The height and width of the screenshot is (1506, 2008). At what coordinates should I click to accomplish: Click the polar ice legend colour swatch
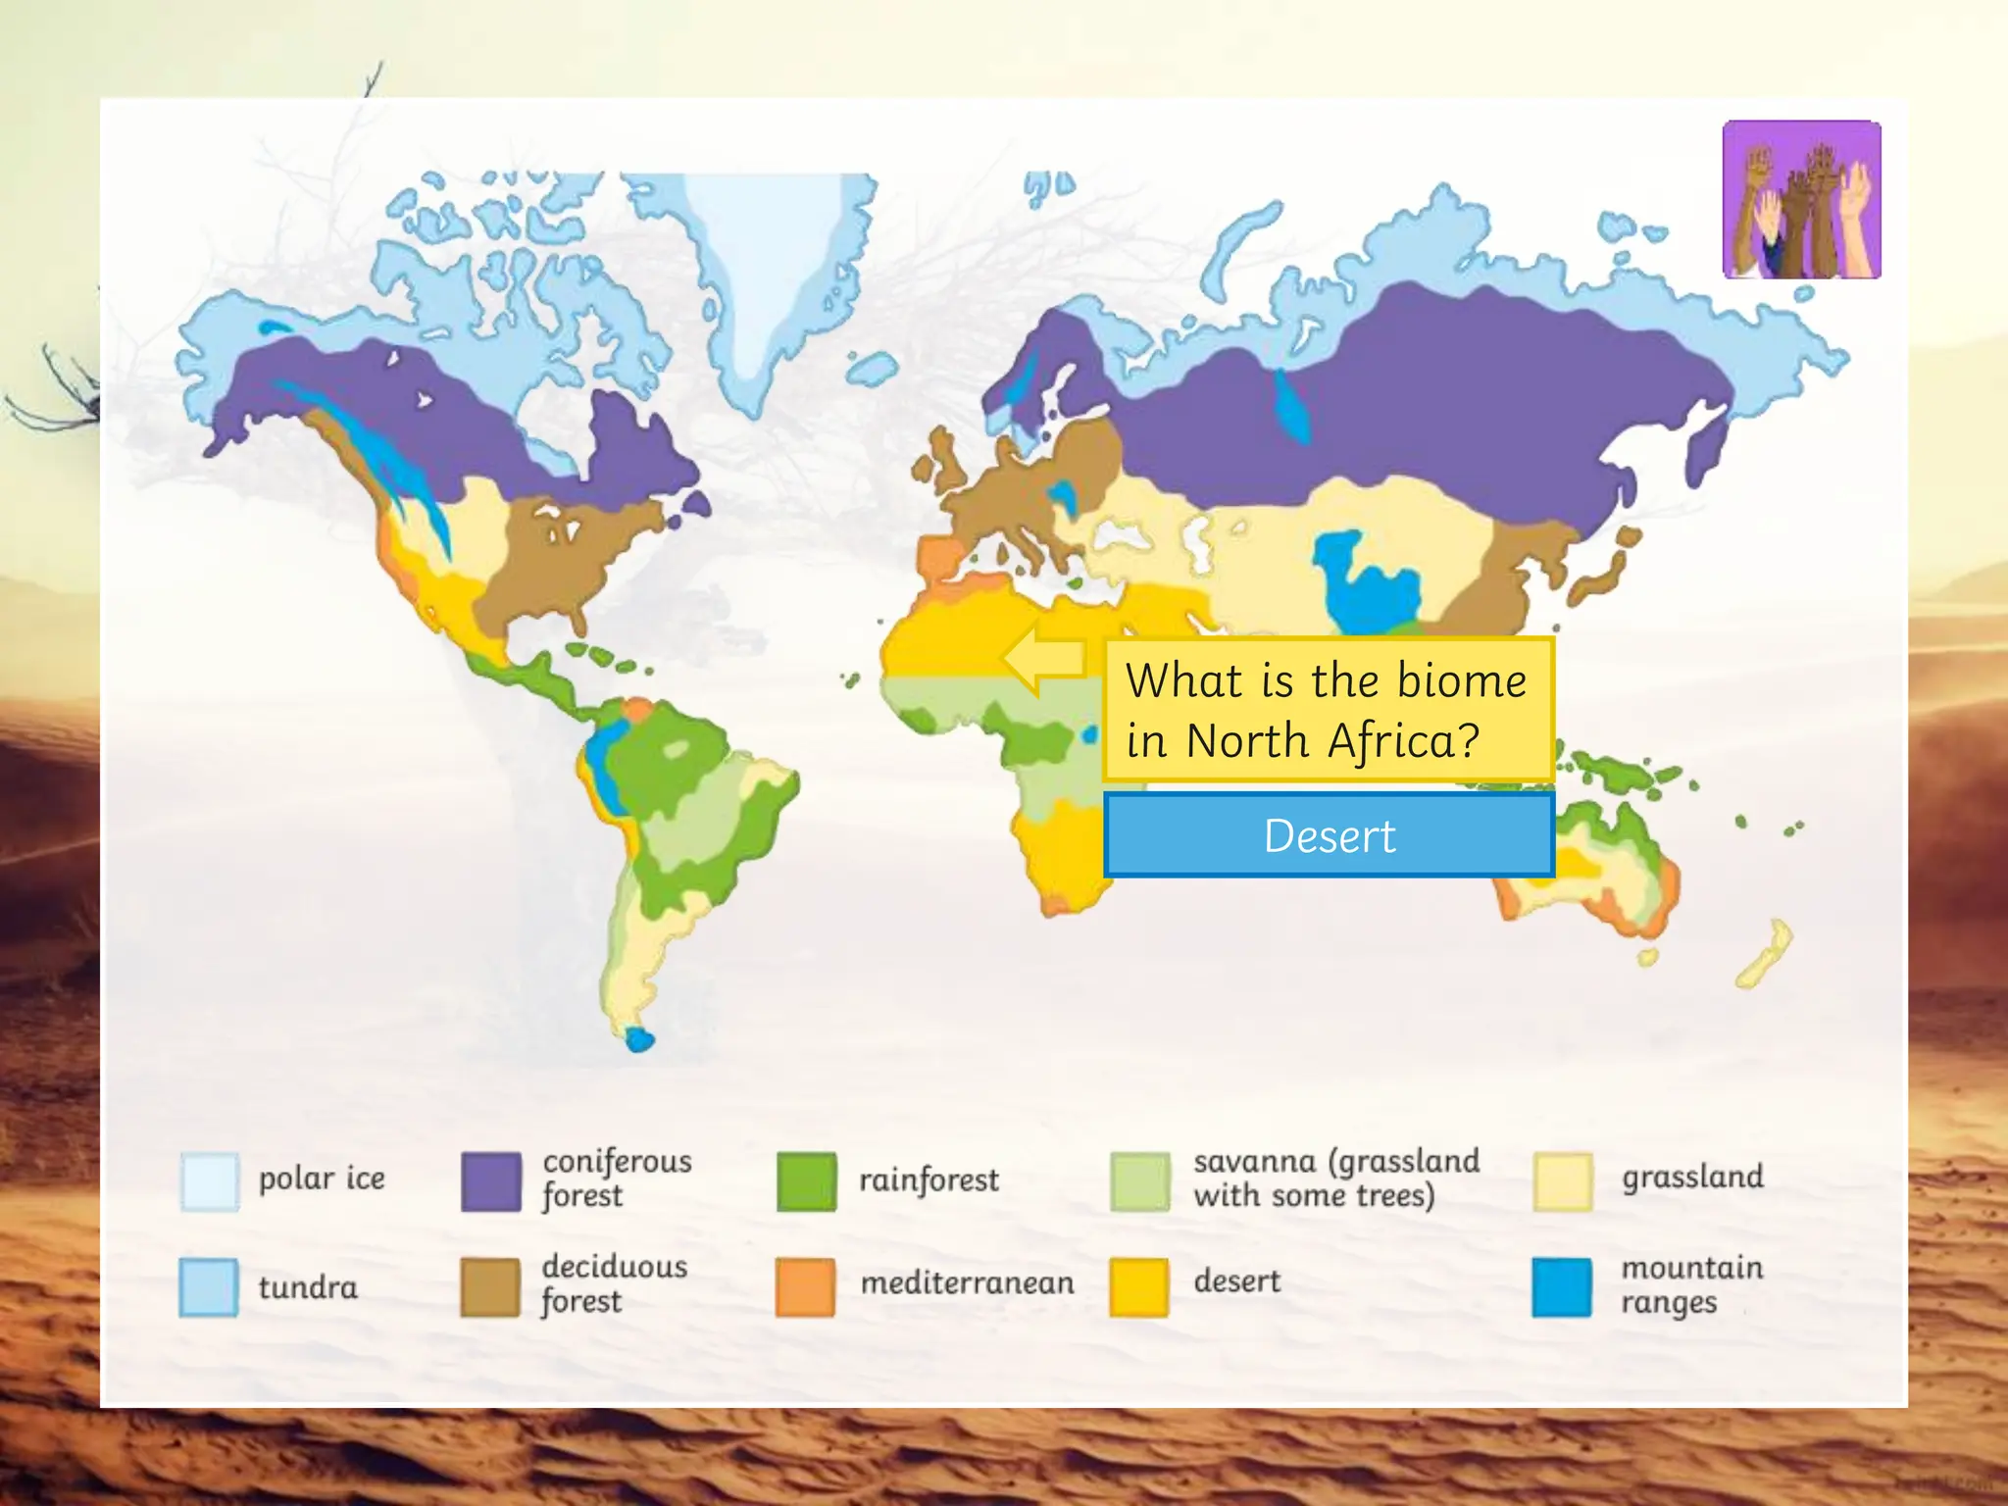click(209, 1180)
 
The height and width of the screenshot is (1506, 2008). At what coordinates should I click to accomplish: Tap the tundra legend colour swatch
click(209, 1286)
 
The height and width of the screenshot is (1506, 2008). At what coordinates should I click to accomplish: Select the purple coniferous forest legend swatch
click(490, 1180)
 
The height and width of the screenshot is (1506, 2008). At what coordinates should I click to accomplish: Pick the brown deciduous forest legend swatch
click(490, 1286)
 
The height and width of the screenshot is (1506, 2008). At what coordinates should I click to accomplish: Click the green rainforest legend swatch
click(806, 1180)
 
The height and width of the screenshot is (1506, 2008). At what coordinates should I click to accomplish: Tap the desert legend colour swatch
click(1139, 1286)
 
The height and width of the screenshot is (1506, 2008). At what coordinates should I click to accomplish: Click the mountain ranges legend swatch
click(1562, 1286)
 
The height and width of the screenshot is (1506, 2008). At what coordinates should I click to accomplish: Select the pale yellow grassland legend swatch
click(1562, 1180)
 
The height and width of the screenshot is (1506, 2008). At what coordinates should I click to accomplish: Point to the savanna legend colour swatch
click(1139, 1180)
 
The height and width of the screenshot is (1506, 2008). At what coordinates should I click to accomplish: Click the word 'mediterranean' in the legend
click(967, 1282)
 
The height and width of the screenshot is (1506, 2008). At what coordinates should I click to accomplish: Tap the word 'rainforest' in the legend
click(929, 1180)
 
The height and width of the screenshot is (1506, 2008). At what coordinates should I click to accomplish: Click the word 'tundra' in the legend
click(308, 1286)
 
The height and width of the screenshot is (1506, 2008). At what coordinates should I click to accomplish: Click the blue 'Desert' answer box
click(1329, 835)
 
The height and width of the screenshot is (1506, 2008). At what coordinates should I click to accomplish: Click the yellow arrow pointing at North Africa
click(1044, 659)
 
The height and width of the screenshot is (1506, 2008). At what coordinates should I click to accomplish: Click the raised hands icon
click(1801, 200)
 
